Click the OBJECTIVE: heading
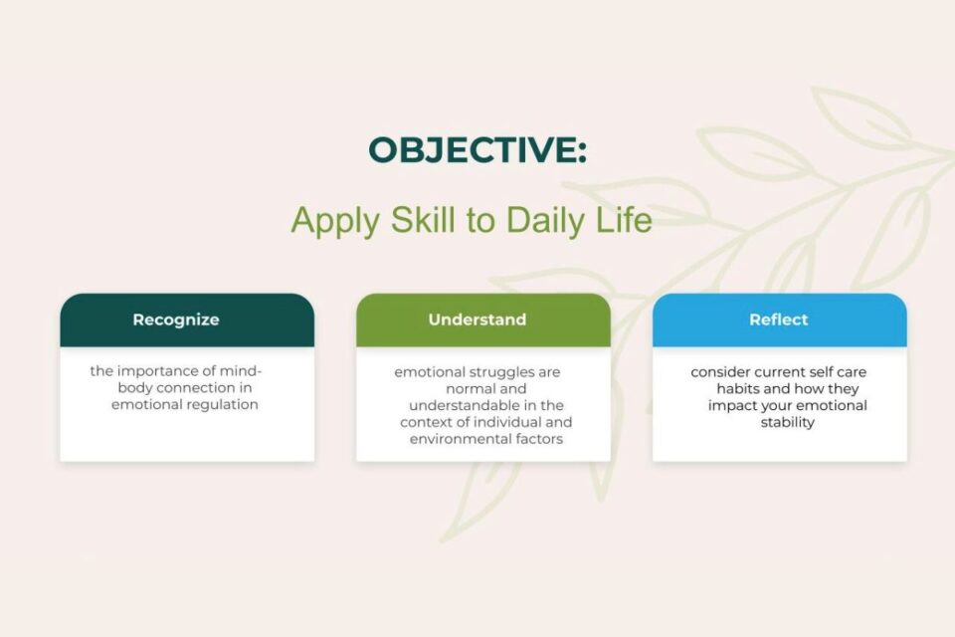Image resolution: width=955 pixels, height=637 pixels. click(x=477, y=150)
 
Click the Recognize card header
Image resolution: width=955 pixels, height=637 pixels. click(x=187, y=320)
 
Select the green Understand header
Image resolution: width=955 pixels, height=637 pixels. click(x=483, y=320)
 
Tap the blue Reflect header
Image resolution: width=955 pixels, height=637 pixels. click(x=779, y=320)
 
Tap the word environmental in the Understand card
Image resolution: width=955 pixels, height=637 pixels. click(x=454, y=439)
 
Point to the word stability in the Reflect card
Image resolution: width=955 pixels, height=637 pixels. click(x=788, y=422)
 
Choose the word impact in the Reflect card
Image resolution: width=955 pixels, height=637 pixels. click(x=731, y=405)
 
